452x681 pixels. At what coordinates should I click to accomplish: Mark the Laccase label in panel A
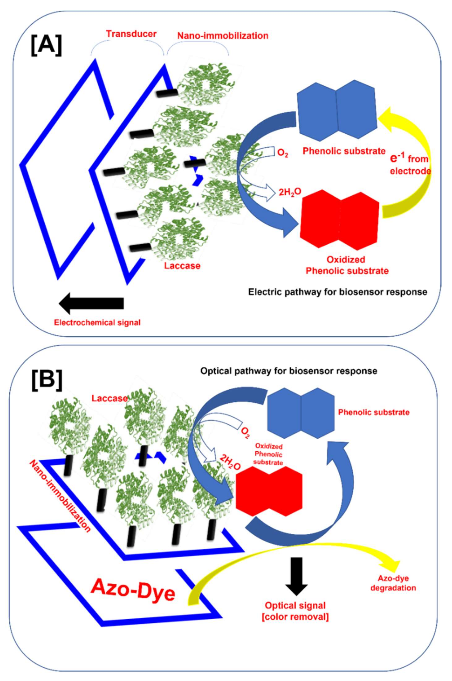click(182, 265)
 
